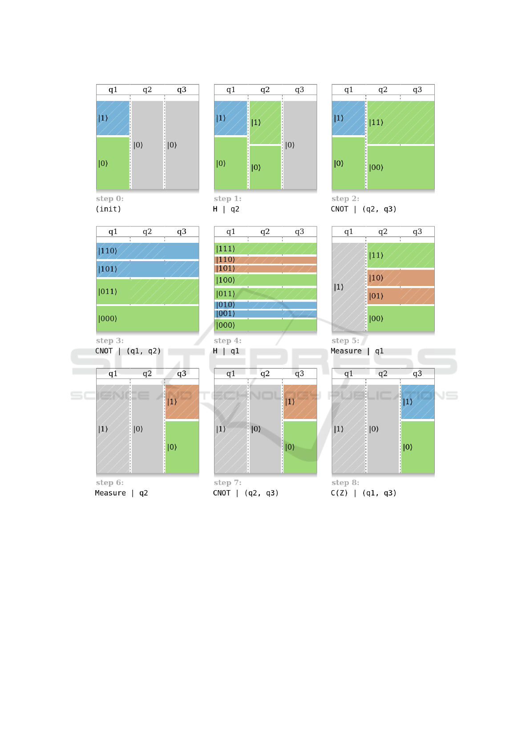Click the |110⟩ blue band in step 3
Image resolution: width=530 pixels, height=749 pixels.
[147, 251]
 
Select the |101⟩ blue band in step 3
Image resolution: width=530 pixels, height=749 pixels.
[147, 269]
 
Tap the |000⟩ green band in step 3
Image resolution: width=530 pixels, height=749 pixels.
[147, 318]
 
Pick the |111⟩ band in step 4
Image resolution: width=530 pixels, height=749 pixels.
[265, 249]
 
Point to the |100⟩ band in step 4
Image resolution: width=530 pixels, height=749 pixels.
[265, 280]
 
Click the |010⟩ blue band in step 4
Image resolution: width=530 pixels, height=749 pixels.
[265, 305]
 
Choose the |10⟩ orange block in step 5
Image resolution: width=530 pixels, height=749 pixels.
[401, 278]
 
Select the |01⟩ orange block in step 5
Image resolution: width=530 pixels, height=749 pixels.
[401, 296]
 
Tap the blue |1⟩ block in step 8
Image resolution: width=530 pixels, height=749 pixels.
[417, 402]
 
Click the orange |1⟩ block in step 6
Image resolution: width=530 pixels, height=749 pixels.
[182, 402]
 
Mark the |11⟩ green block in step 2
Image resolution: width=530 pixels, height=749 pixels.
[401, 122]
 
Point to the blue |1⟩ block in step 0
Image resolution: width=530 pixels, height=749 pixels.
[113, 118]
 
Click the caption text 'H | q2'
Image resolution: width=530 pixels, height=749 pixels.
[226, 209]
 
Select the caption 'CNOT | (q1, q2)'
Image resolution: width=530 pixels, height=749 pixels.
[128, 351]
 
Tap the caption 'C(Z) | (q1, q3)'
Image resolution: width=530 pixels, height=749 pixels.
[363, 493]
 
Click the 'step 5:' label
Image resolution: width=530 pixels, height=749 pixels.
[345, 341]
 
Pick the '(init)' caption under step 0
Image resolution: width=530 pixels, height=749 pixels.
[108, 209]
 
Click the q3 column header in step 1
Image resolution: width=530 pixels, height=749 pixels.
[299, 90]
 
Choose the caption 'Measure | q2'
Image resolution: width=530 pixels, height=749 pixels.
[121, 493]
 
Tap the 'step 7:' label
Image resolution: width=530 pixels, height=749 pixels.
[227, 483]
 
